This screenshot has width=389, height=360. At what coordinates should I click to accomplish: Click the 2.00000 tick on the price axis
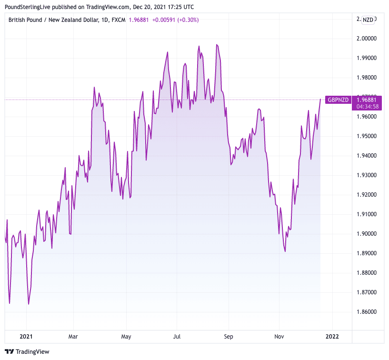(367, 39)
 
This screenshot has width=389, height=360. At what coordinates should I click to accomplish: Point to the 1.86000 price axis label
(367, 312)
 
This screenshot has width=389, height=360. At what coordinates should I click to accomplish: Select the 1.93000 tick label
(367, 175)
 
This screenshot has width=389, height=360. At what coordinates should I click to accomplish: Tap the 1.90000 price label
(367, 234)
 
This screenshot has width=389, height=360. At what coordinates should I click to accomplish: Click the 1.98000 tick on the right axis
(367, 78)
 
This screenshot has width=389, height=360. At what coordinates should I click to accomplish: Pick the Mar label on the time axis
(73, 336)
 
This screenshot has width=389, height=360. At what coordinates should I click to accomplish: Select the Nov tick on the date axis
(279, 336)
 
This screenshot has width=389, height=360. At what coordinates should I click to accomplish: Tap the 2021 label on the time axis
(26, 336)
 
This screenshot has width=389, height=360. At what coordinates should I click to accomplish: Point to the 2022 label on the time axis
(332, 336)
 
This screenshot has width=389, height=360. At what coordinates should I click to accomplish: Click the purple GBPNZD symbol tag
(338, 100)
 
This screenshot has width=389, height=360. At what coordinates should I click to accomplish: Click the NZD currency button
(368, 20)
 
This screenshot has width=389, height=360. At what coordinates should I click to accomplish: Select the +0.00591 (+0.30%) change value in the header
(175, 20)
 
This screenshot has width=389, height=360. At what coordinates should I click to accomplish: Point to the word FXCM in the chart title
(118, 20)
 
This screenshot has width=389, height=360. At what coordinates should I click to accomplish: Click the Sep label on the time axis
(228, 336)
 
